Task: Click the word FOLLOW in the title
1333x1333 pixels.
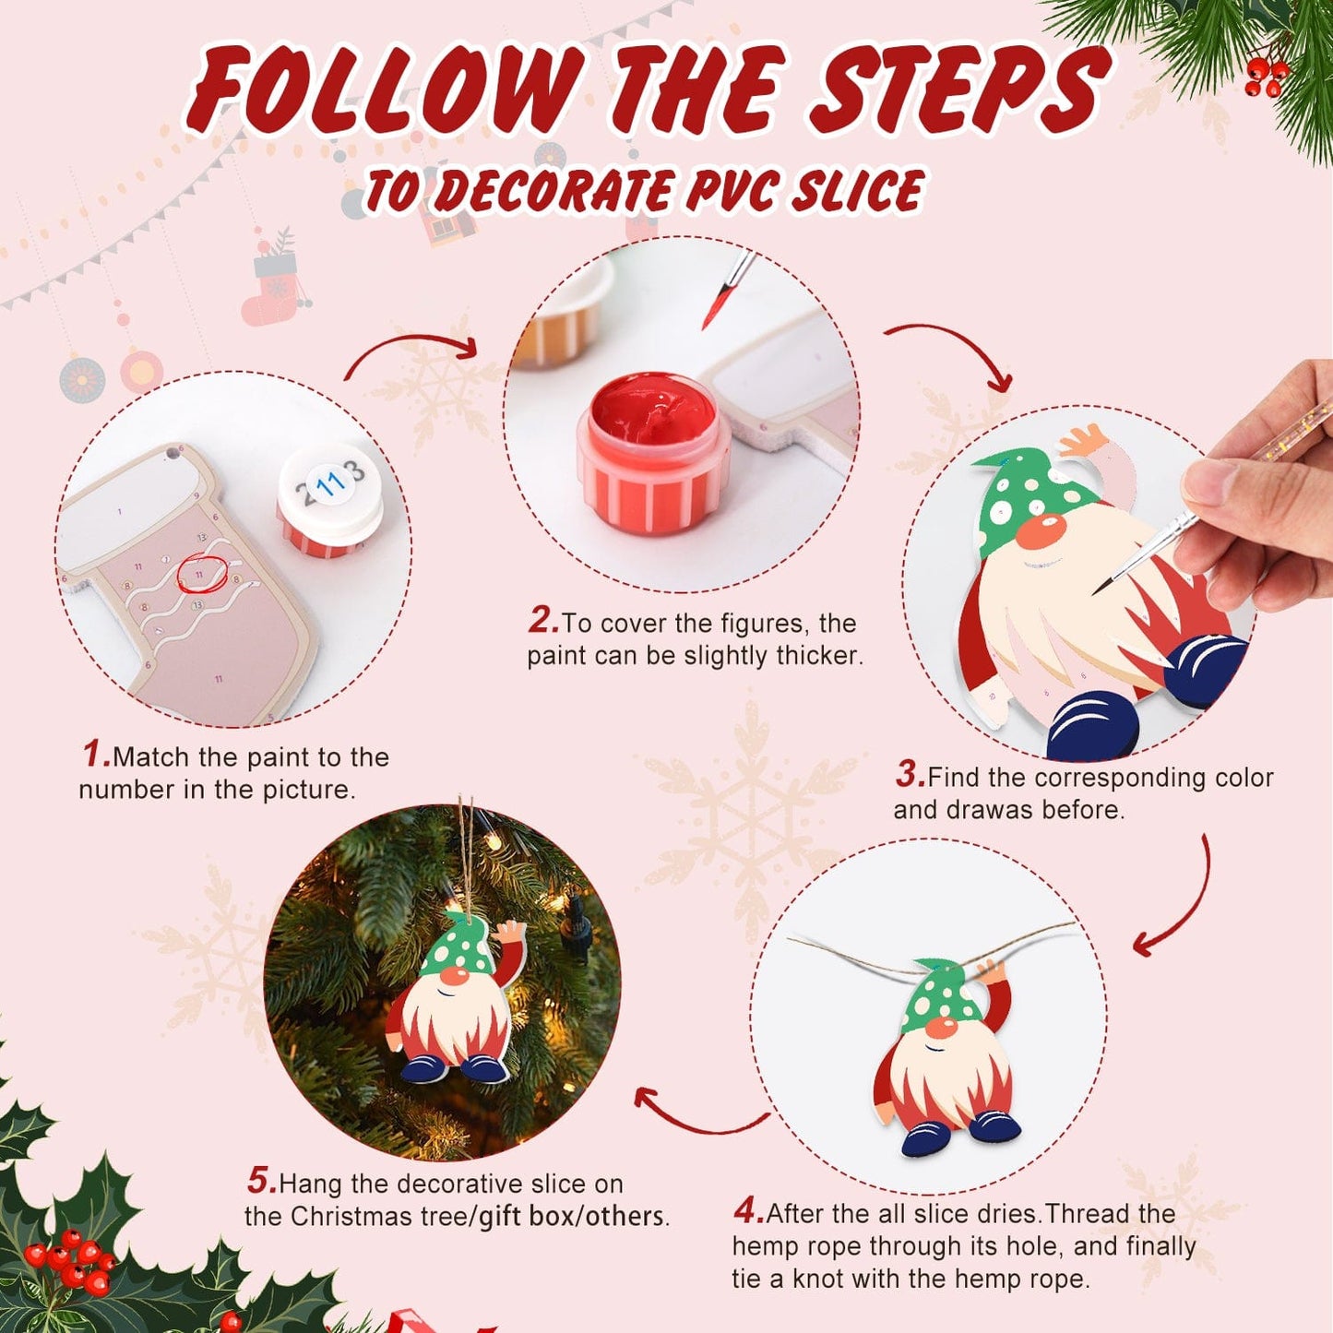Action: click(387, 89)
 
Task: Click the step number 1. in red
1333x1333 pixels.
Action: click(96, 754)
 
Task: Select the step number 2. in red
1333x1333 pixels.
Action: click(543, 620)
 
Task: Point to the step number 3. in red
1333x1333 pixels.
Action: click(910, 774)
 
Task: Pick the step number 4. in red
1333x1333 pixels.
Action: click(749, 1209)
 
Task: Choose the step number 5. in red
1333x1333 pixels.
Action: click(261, 1180)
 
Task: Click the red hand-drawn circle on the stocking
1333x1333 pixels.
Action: click(201, 573)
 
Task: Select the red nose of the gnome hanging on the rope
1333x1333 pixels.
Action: click(941, 1028)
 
